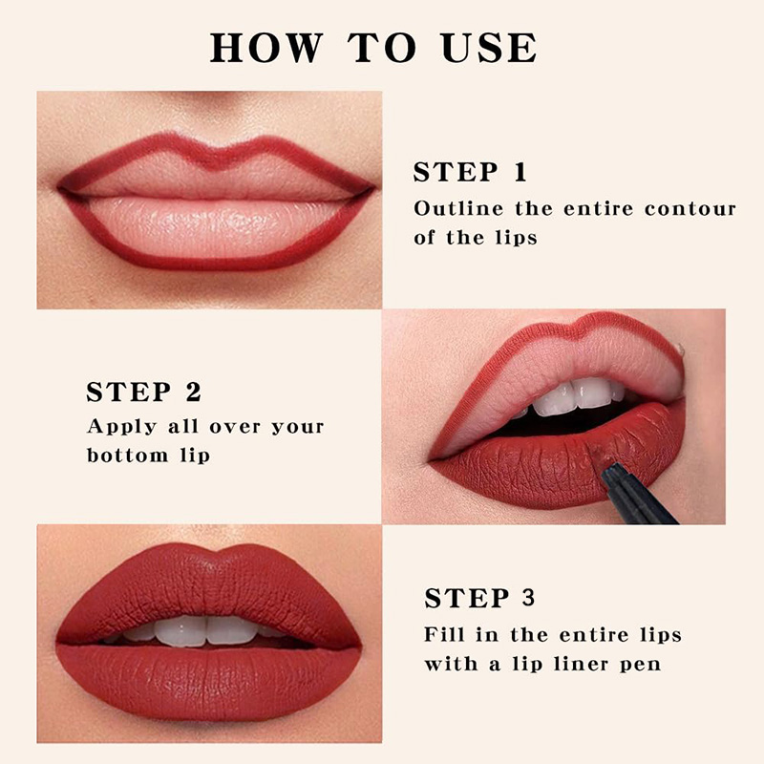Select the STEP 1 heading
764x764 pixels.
pos(470,173)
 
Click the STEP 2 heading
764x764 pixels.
pos(143,393)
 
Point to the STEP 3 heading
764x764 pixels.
pos(479,599)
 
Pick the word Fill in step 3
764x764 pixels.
pos(447,635)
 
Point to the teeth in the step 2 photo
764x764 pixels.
pos(573,395)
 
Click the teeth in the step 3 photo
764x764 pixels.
pos(205,630)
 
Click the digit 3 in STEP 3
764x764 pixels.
pos(528,599)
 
